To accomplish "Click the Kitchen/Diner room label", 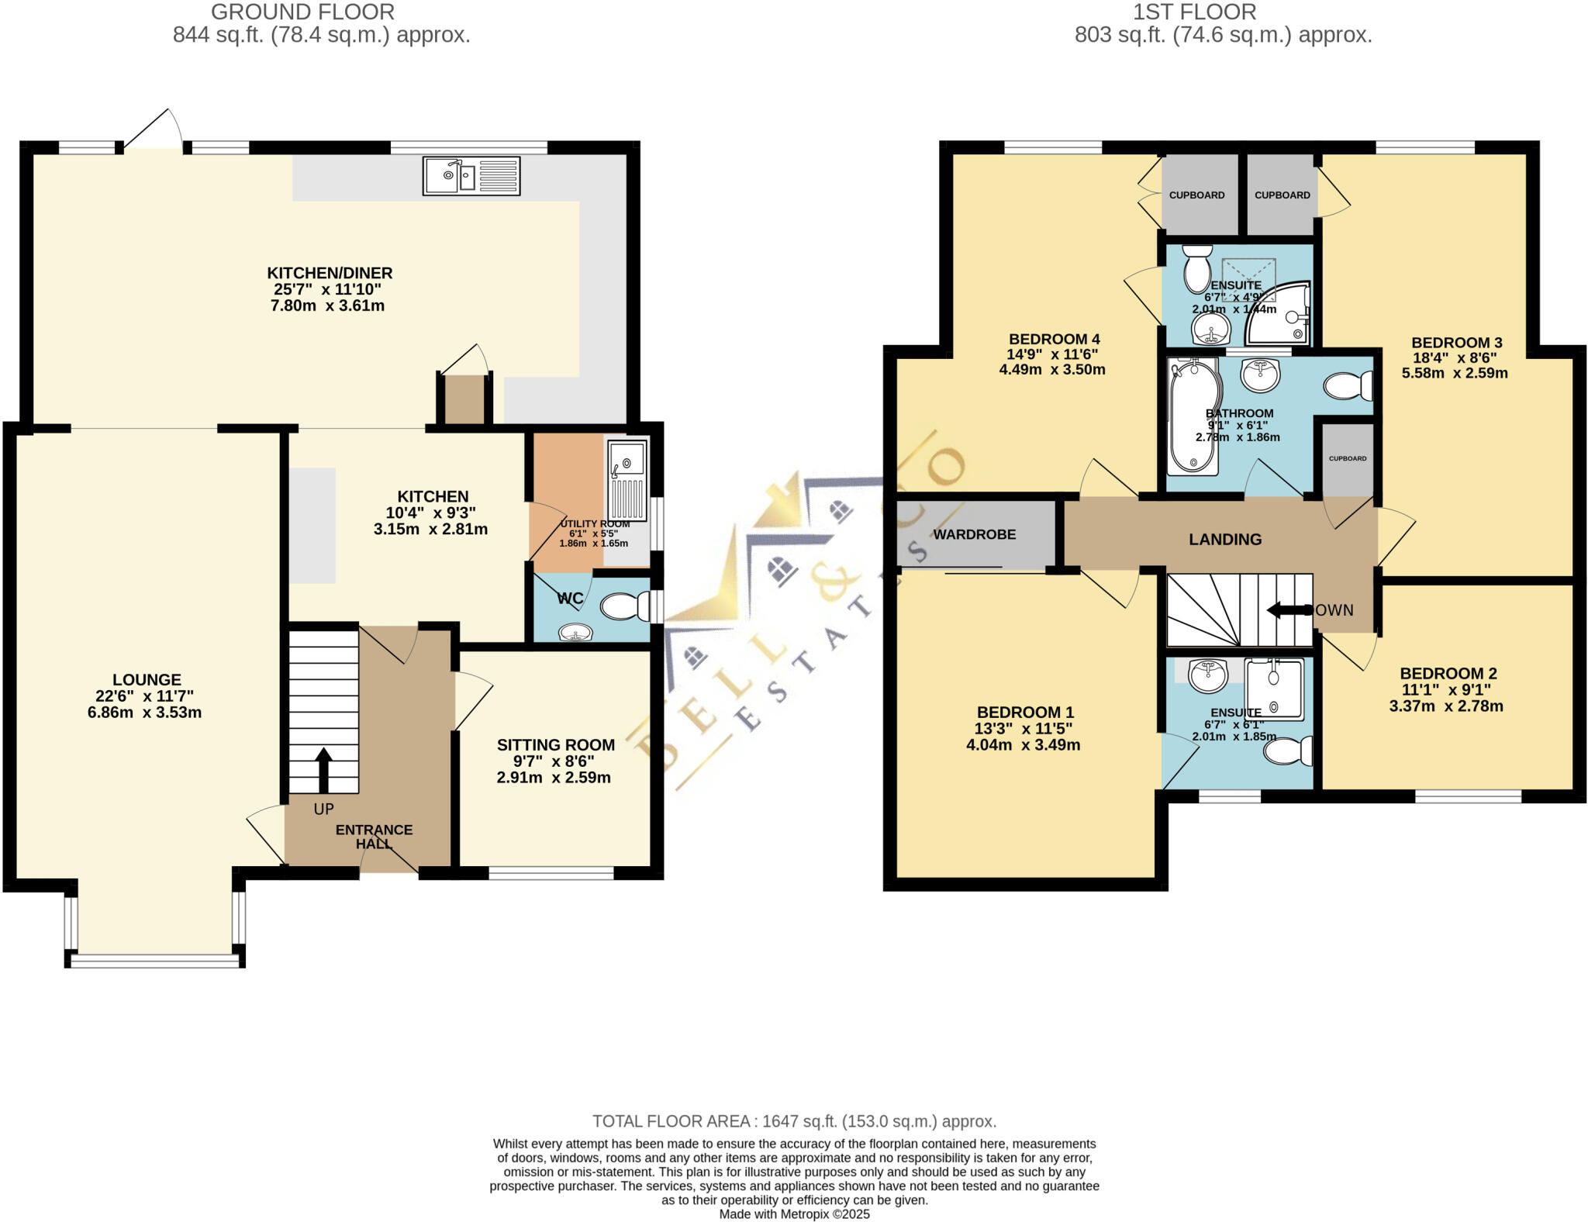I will (330, 273).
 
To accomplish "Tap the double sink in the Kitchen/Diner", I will (471, 176).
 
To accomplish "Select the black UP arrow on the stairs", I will (323, 769).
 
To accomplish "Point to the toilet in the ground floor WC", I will (626, 607).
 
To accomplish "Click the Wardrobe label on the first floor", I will (974, 534).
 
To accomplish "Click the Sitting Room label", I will (555, 744).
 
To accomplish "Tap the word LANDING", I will (1225, 539).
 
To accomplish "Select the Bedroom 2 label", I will (1448, 673).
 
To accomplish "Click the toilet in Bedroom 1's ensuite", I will (1288, 751).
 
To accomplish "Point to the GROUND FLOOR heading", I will (302, 12).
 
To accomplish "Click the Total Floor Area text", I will (794, 1121).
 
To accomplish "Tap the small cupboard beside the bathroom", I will (1348, 459).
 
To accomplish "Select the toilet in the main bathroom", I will (1348, 385).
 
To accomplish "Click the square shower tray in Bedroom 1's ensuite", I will (1274, 688).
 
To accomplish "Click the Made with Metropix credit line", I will (794, 1214).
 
